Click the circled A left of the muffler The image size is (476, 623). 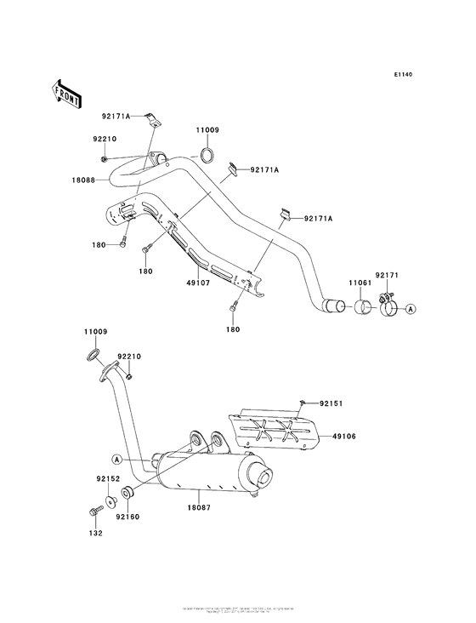pyautogui.click(x=117, y=461)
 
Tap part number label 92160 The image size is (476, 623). pyautogui.click(x=127, y=516)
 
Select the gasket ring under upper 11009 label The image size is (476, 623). pyautogui.click(x=206, y=156)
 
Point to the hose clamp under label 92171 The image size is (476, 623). pyautogui.click(x=385, y=302)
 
